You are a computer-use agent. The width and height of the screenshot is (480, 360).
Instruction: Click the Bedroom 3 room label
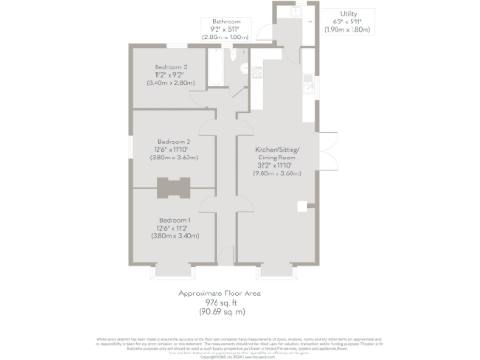tap(172, 67)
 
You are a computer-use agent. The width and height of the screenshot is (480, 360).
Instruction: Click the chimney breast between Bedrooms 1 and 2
tap(172, 187)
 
